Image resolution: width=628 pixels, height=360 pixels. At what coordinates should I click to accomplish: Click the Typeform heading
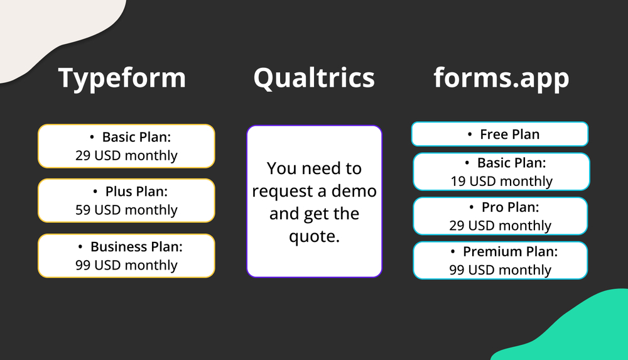(x=122, y=78)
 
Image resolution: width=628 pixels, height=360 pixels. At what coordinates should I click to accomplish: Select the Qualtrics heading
(x=314, y=78)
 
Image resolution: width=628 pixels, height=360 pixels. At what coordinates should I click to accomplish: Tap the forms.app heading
(x=501, y=78)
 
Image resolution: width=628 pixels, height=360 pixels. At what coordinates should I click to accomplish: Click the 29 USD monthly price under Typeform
(x=126, y=156)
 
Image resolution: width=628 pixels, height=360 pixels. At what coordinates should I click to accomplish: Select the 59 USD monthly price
(x=126, y=210)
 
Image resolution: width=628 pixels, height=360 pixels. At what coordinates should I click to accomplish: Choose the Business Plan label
(x=136, y=247)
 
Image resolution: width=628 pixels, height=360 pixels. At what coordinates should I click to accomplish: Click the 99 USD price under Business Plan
(x=126, y=265)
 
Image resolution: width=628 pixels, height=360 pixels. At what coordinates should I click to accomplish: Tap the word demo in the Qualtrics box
(x=354, y=191)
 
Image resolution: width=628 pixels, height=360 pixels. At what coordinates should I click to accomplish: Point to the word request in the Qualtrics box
(x=281, y=191)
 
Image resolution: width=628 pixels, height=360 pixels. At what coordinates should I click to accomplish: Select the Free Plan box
(x=500, y=134)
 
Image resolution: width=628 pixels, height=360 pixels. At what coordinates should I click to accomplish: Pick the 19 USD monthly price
(x=501, y=182)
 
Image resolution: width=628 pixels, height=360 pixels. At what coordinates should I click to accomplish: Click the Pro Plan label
(x=510, y=207)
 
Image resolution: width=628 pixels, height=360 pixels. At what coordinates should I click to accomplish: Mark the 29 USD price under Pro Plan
(x=500, y=226)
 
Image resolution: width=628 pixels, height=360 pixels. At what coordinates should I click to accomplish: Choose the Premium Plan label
(x=510, y=252)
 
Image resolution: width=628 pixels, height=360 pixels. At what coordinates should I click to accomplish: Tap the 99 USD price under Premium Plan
(x=500, y=270)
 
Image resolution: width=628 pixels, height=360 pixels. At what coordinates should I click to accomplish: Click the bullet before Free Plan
(x=470, y=134)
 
